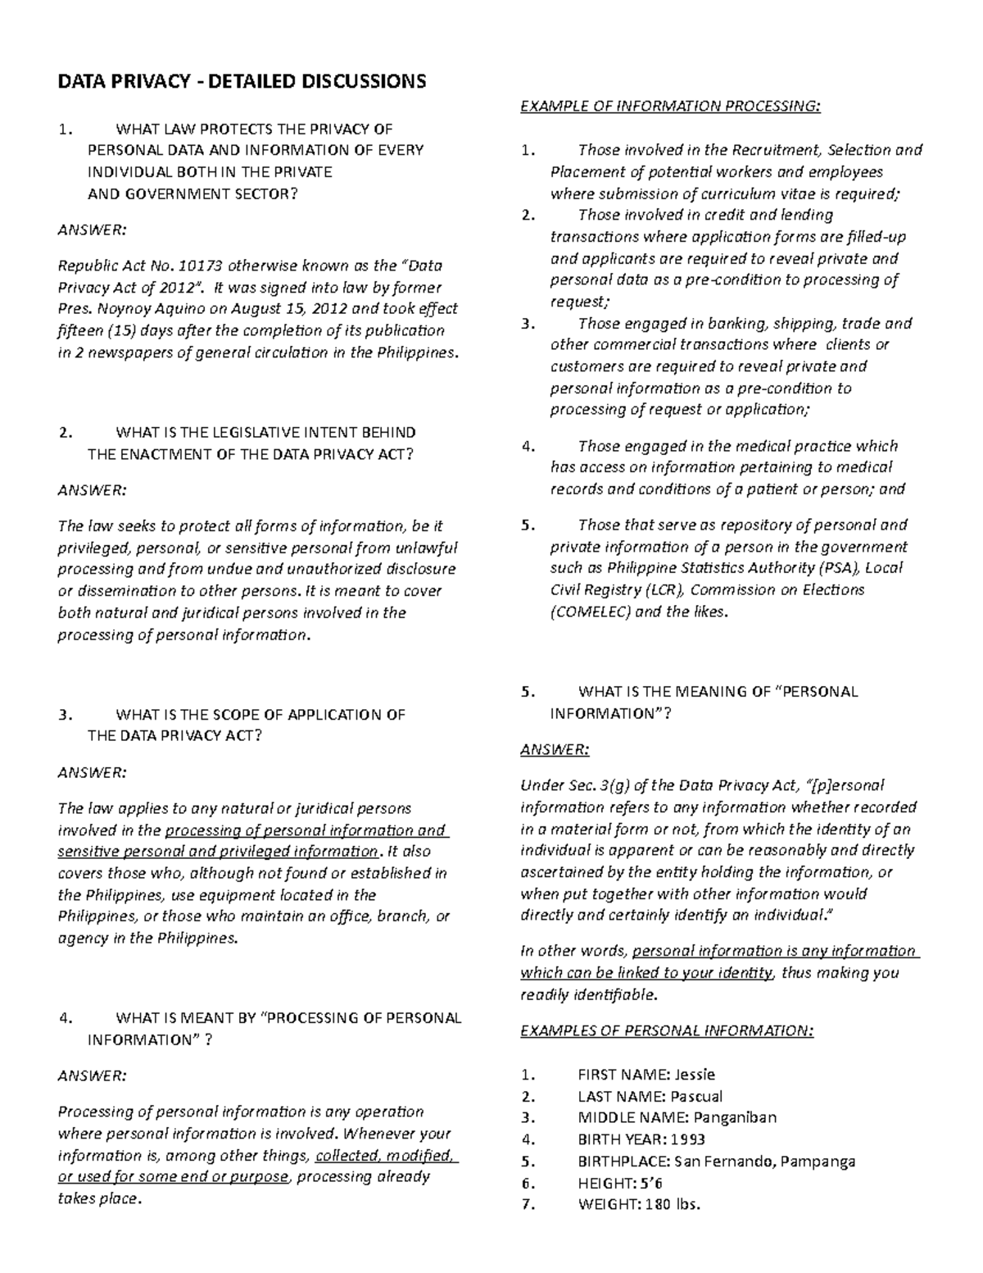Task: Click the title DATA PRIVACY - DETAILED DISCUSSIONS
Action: pos(241,81)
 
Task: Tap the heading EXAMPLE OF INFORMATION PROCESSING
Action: pos(670,106)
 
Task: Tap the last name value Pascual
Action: pos(696,1097)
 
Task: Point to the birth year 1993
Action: pos(687,1139)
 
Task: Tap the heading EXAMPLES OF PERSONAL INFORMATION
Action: pos(667,1031)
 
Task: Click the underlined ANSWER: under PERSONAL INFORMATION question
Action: pos(555,750)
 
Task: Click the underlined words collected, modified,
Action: pos(386,1156)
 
